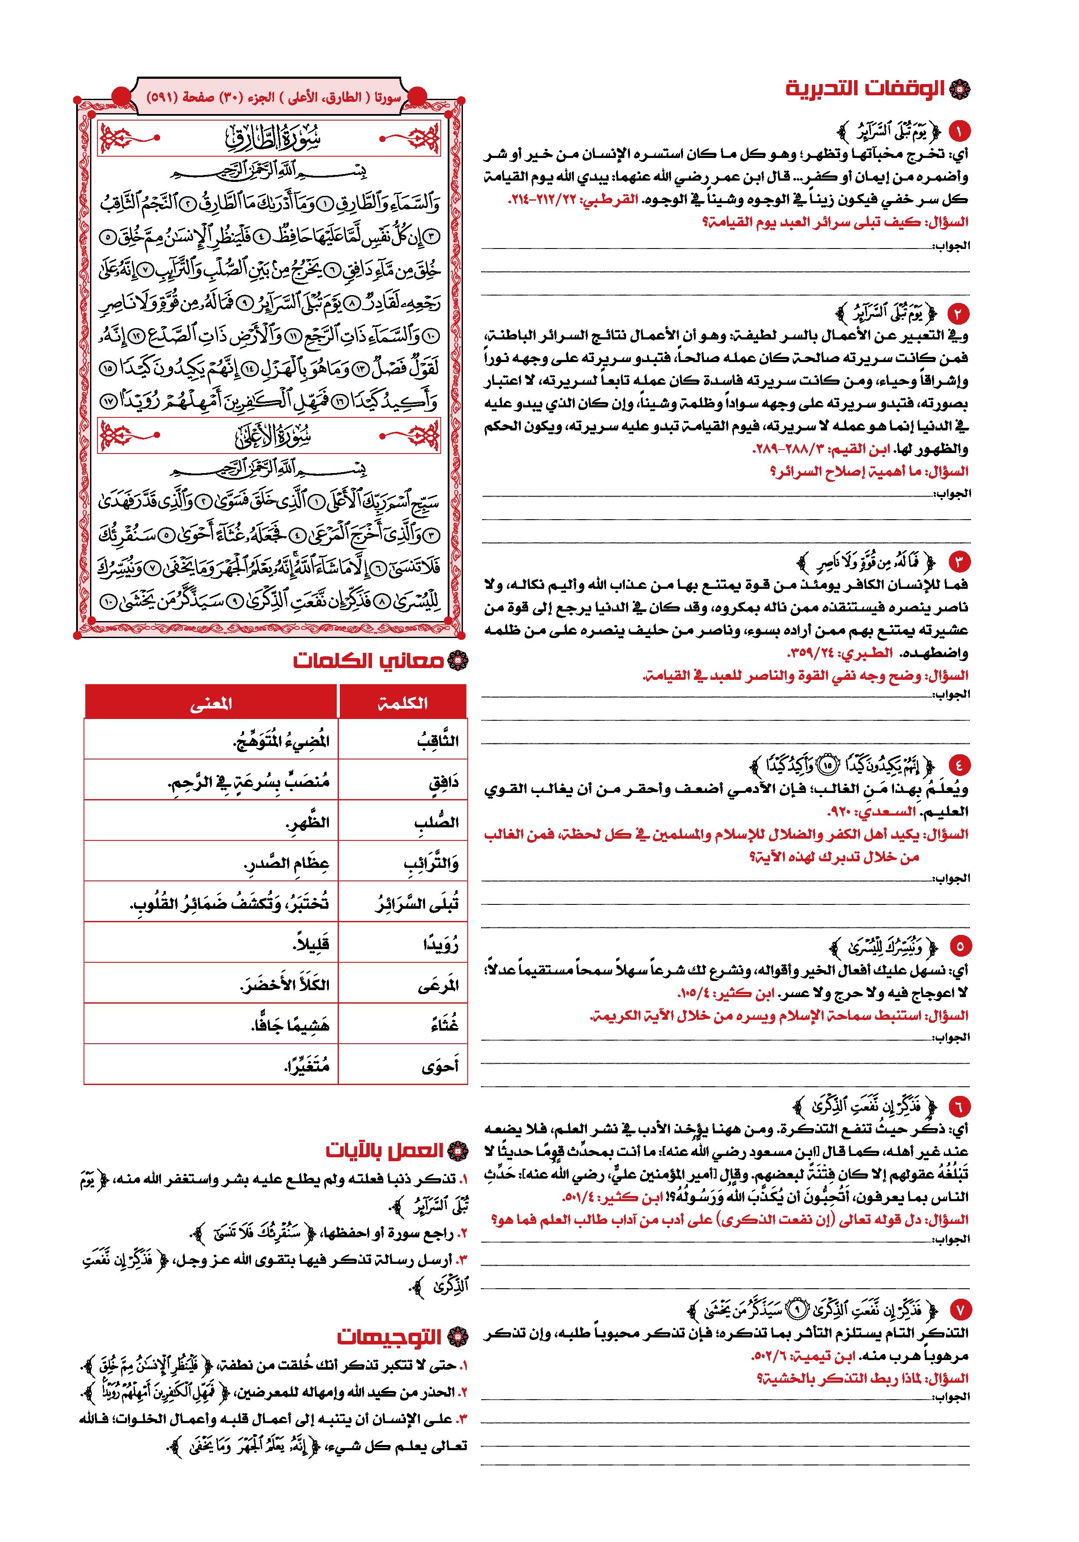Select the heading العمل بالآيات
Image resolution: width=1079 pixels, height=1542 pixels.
pos(385,1150)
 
